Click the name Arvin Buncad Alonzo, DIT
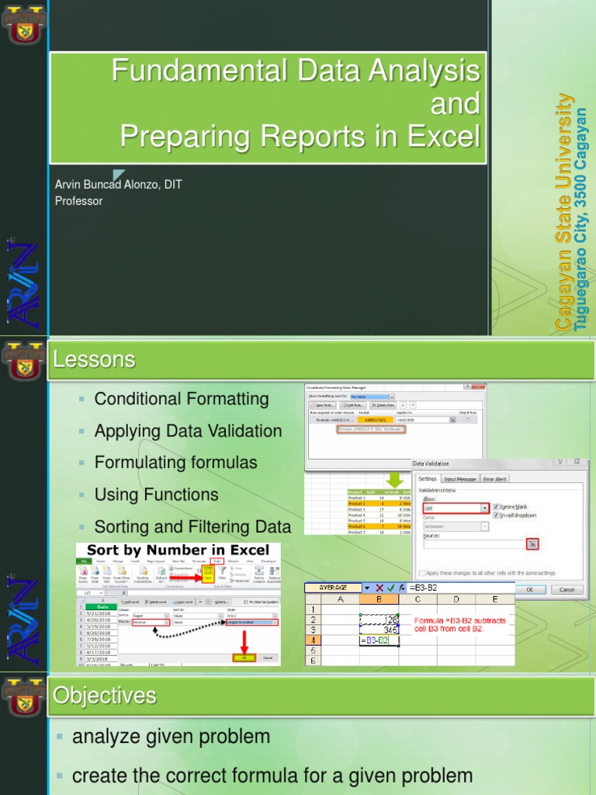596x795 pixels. (118, 185)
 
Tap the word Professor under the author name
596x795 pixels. (78, 201)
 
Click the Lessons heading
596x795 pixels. (94, 359)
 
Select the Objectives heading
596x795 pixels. (104, 696)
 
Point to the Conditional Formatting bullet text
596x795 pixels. (182, 399)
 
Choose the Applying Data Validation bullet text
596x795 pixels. (188, 431)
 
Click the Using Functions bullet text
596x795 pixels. (156, 495)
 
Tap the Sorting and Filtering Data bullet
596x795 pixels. (192, 526)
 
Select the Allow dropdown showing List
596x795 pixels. (456, 508)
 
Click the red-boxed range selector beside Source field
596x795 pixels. (532, 544)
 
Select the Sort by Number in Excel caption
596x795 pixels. (178, 550)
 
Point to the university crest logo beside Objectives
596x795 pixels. (23, 695)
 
